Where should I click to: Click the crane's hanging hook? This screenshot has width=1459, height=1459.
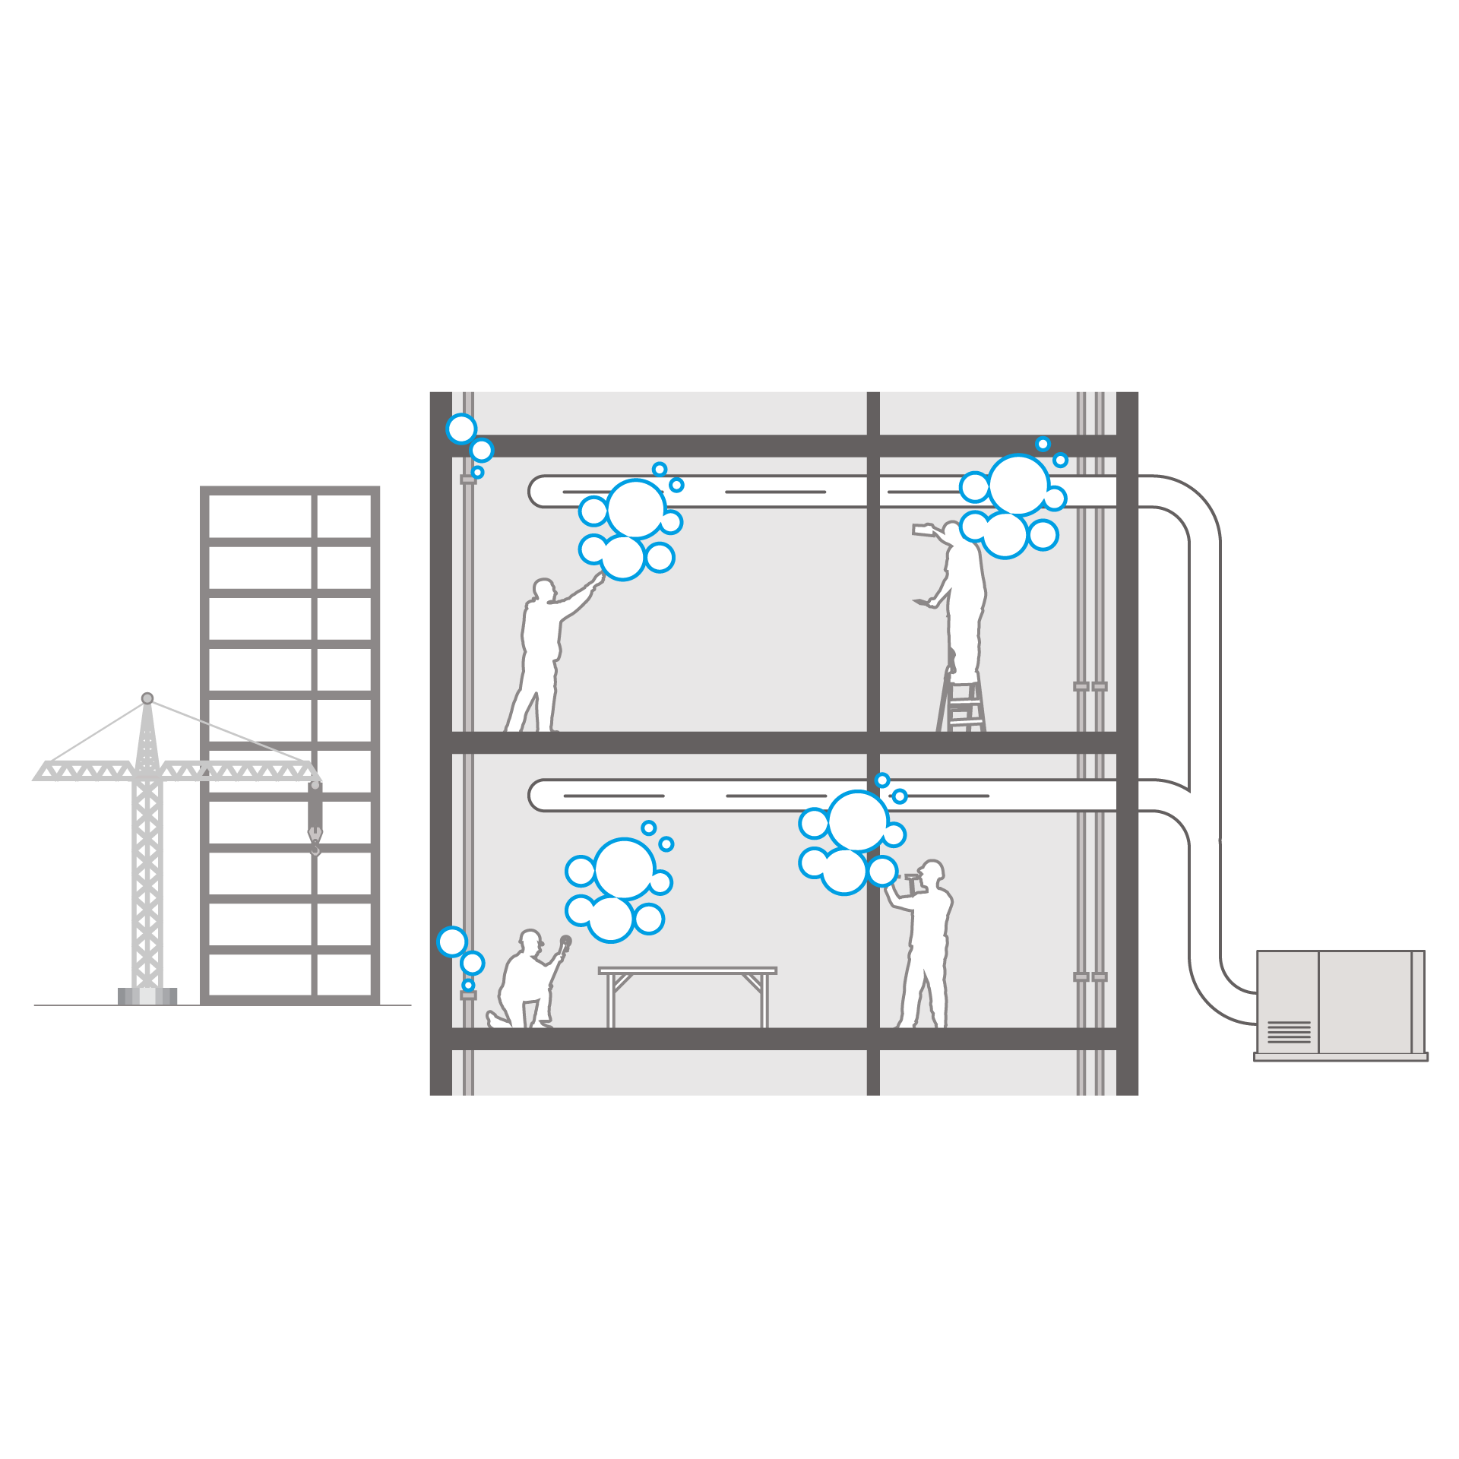click(315, 840)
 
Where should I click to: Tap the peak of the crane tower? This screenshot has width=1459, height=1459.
click(147, 698)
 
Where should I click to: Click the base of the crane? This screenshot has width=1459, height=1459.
click(147, 995)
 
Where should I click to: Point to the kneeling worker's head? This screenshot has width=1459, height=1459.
click(530, 939)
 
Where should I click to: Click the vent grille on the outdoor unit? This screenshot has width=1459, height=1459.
click(1289, 1032)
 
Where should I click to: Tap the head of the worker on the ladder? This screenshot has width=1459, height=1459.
click(952, 529)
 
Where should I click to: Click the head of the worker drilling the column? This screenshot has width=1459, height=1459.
click(932, 871)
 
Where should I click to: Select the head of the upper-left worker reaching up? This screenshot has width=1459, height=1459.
click(543, 590)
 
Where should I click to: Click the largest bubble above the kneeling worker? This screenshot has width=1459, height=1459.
click(625, 869)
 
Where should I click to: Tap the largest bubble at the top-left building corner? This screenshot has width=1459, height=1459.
click(461, 429)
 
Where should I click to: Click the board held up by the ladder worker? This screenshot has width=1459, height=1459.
click(923, 529)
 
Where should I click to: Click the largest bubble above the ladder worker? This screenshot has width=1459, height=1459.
click(1018, 485)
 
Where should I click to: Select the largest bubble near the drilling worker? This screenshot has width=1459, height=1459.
click(858, 821)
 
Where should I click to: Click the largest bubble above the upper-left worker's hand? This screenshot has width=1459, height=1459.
click(636, 508)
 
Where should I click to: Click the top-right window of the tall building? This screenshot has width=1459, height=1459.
click(343, 517)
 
